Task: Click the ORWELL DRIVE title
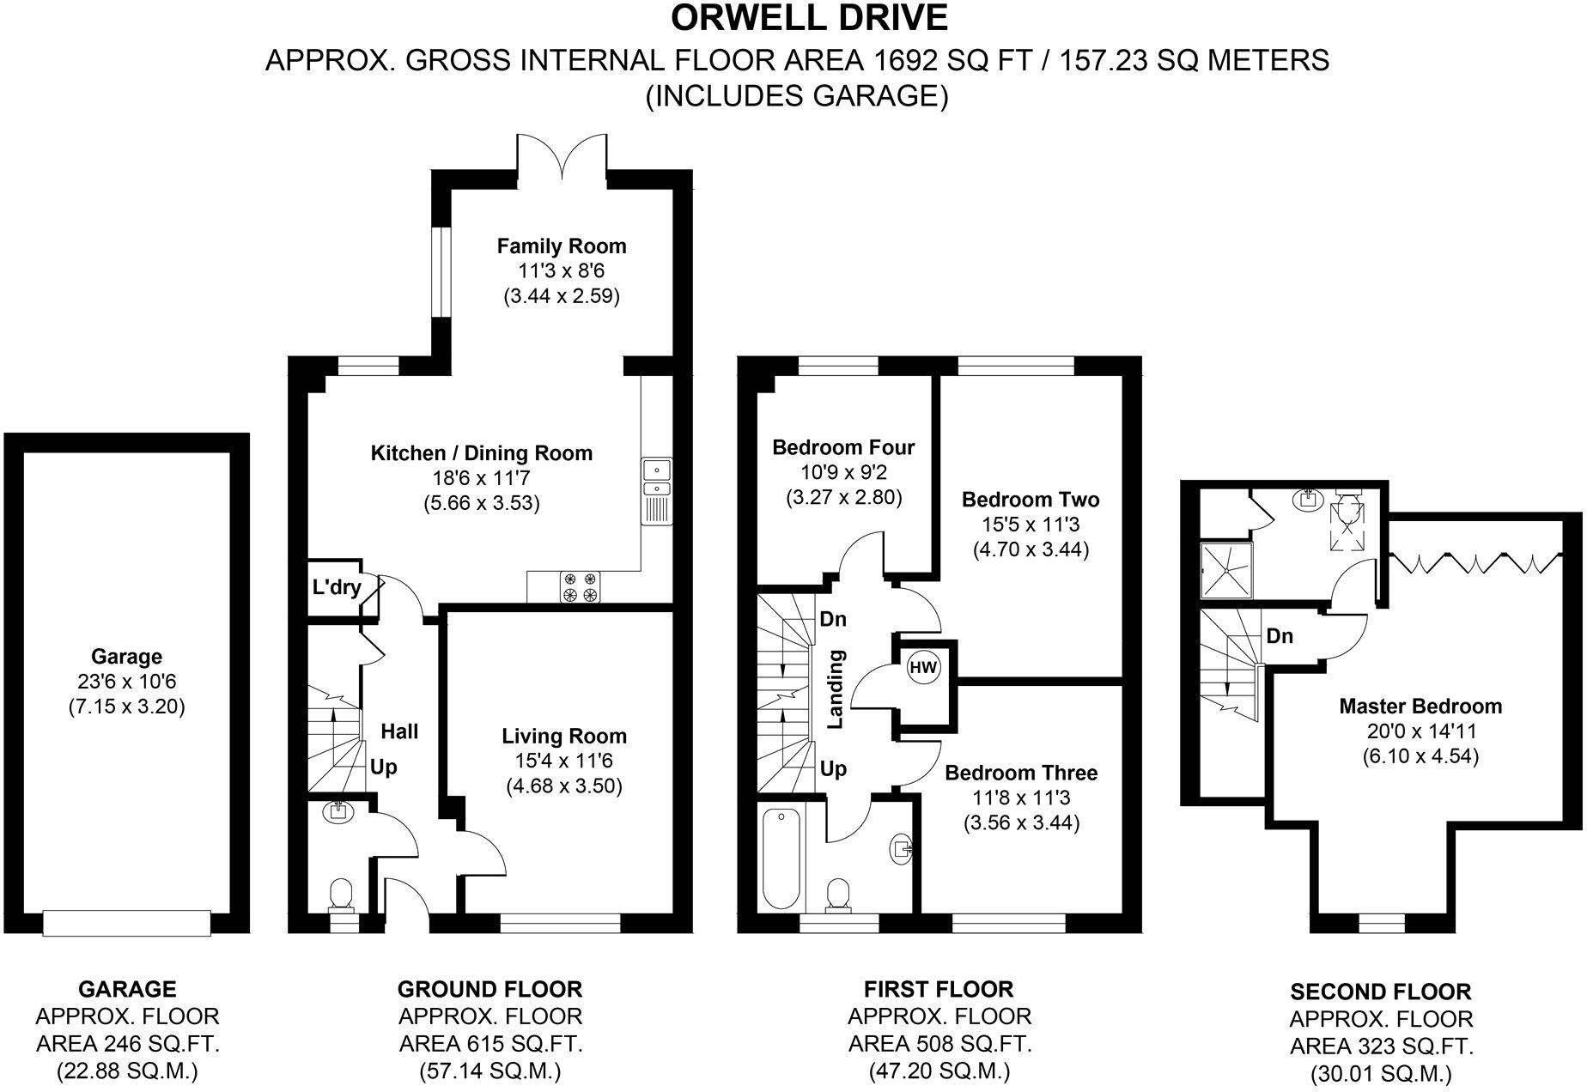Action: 809,17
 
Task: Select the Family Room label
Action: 562,246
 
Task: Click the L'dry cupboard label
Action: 336,588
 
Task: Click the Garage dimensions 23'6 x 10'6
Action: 126,682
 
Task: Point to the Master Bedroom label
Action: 1420,707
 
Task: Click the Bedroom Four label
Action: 843,447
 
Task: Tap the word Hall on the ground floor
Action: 399,731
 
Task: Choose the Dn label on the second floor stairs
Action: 1280,636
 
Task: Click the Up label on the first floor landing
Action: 833,769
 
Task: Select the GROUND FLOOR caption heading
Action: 489,989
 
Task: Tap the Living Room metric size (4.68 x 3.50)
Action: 562,786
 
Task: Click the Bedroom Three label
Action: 1021,773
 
